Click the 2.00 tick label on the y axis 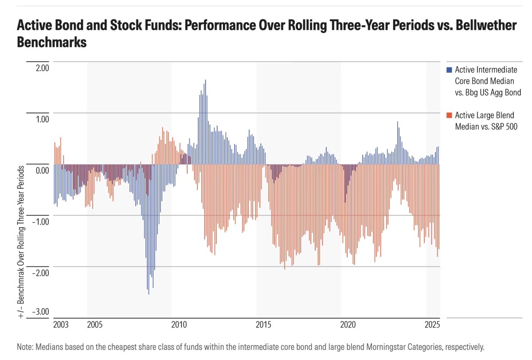(x=39, y=68)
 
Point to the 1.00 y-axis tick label (x=39, y=119)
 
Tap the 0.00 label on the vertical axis (x=39, y=171)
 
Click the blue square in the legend (x=449, y=70)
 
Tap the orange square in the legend (x=449, y=115)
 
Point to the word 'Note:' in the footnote (x=26, y=347)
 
